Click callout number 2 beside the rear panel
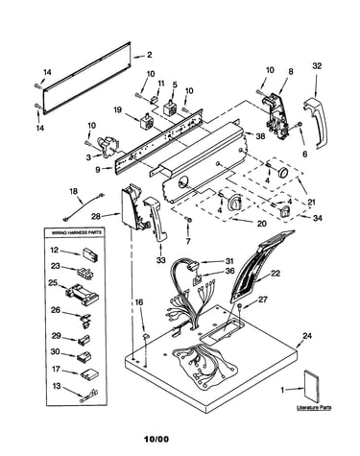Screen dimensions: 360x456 (x=149, y=55)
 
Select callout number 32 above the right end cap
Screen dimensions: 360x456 (x=317, y=66)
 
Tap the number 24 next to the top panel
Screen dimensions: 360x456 (x=307, y=336)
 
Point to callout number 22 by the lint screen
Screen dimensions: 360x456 (x=276, y=273)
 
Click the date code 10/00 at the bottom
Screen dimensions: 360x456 (x=156, y=440)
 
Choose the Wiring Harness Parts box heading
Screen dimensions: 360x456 (x=76, y=232)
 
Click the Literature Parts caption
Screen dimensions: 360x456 (x=314, y=408)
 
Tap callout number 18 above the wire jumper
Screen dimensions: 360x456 (x=73, y=191)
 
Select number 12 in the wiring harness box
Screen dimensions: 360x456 (x=55, y=250)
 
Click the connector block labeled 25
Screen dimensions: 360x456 (x=82, y=294)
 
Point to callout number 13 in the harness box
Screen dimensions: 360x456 (x=57, y=386)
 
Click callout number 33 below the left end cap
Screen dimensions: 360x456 (x=160, y=260)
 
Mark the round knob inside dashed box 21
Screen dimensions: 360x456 (x=282, y=172)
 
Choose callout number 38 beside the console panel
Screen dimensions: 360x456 (x=260, y=136)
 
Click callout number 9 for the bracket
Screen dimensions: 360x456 (x=98, y=170)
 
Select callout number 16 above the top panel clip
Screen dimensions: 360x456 (x=139, y=302)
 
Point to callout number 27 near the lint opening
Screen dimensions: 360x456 (x=262, y=300)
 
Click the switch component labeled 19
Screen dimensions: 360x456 (x=145, y=122)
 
